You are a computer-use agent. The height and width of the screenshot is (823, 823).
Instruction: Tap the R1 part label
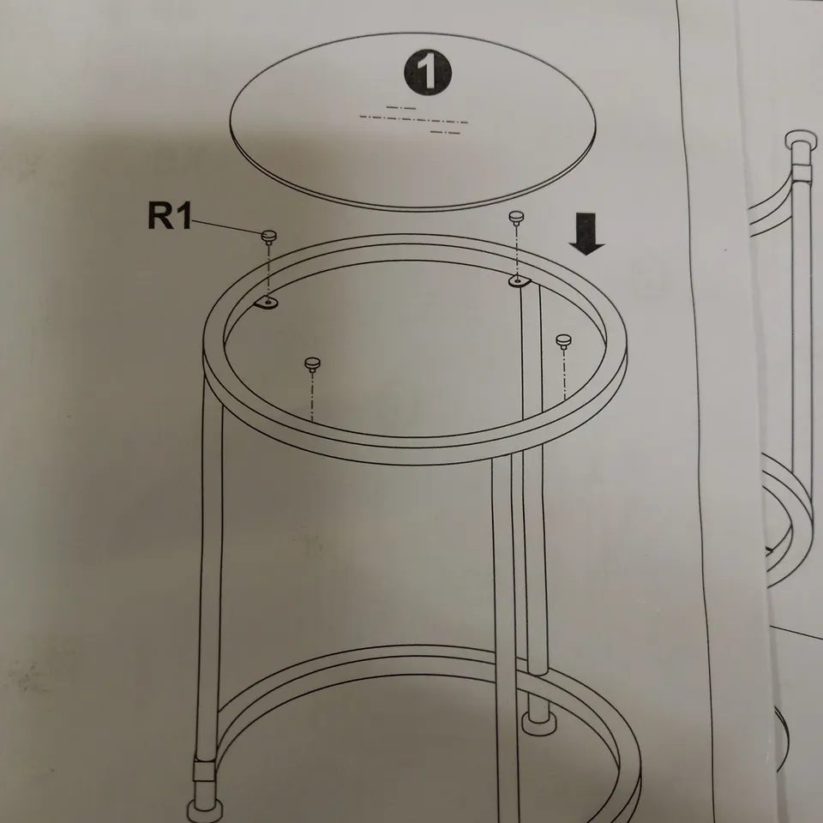pyautogui.click(x=170, y=216)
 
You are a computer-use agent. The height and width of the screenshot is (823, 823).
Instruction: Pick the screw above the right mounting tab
pyautogui.click(x=516, y=217)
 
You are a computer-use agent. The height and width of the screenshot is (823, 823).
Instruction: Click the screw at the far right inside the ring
pyautogui.click(x=563, y=341)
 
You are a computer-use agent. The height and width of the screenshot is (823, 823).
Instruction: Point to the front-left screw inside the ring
pyautogui.click(x=312, y=365)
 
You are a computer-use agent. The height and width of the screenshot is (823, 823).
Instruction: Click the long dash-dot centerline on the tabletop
pyautogui.click(x=413, y=121)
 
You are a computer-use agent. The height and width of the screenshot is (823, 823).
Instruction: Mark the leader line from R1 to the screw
pyautogui.click(x=228, y=225)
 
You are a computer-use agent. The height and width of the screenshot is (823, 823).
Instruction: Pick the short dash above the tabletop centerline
pyautogui.click(x=400, y=107)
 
